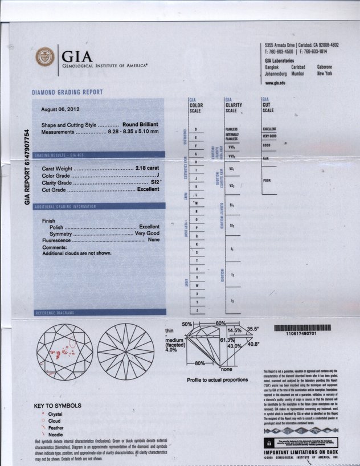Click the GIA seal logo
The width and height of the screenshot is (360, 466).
(x=45, y=56)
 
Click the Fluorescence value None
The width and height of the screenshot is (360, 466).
(x=153, y=240)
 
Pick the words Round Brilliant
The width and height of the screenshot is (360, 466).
(x=140, y=124)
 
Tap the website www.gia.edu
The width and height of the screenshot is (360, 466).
(x=275, y=83)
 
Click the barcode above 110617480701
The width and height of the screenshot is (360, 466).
(x=302, y=327)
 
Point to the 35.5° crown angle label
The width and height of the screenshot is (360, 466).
(x=253, y=329)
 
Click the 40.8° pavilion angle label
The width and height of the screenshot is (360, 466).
(x=252, y=344)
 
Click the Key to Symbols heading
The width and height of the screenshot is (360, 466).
(x=58, y=406)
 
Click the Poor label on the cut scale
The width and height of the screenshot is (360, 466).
(x=267, y=181)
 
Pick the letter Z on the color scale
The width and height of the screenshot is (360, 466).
(x=197, y=309)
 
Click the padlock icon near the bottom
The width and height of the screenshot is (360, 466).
(x=269, y=442)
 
